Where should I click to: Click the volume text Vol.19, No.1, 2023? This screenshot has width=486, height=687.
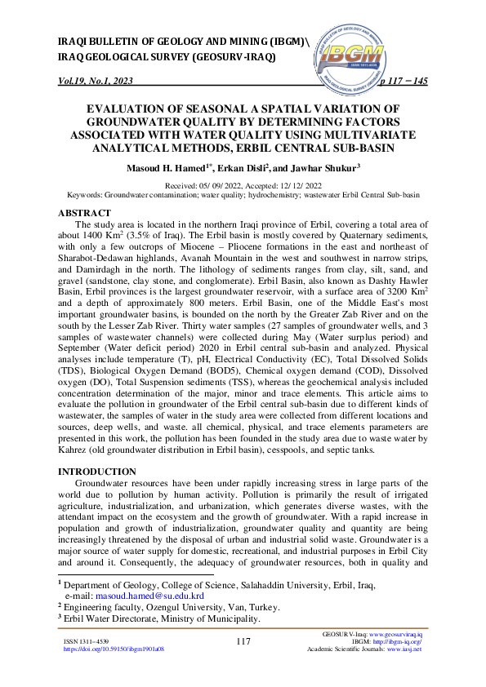[x=96, y=82]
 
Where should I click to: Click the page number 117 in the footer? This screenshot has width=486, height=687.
[x=243, y=642]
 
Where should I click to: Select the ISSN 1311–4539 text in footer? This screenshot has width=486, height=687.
[x=86, y=642]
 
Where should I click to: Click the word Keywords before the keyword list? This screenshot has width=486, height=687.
[x=84, y=196]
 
